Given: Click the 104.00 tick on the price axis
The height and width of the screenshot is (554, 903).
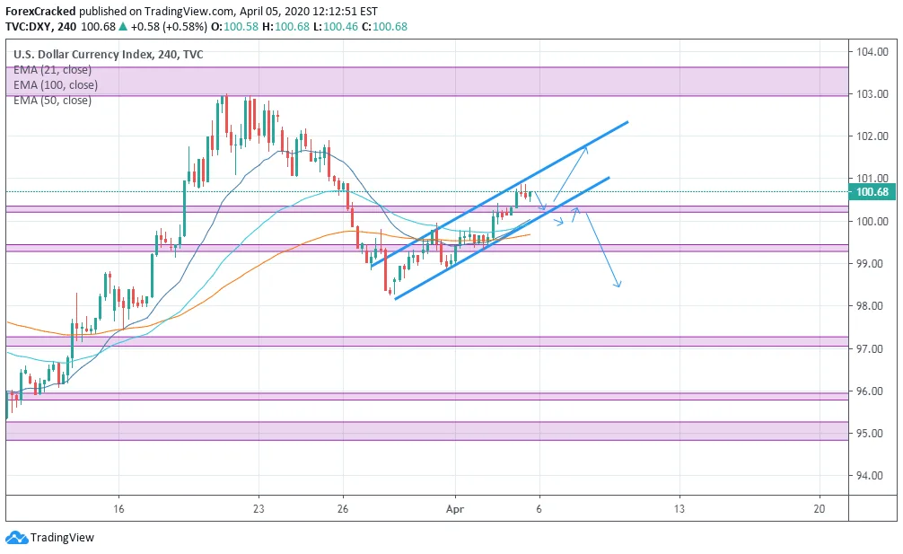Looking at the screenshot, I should click(872, 51).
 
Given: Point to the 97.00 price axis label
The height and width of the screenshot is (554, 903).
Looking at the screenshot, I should click(872, 348).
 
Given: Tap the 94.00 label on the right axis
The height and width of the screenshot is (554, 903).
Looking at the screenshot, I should click(872, 476).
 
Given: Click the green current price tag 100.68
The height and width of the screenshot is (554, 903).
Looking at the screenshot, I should click(872, 191).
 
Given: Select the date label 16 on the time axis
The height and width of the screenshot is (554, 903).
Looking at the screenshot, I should click(118, 507).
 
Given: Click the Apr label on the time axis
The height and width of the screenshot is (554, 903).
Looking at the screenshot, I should click(455, 507).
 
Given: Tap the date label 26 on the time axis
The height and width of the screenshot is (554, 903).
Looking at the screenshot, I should click(342, 507).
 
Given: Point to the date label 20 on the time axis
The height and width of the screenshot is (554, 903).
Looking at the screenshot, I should click(819, 507).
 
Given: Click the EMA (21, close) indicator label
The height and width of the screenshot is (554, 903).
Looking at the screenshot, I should click(52, 69).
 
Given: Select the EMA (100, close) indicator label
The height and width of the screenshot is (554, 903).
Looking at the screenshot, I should click(55, 85).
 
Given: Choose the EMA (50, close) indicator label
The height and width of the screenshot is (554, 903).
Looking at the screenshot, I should click(52, 101).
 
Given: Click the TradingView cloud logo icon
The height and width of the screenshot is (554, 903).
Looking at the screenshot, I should click(15, 538).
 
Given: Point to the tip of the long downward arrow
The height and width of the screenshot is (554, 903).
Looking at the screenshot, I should click(618, 286).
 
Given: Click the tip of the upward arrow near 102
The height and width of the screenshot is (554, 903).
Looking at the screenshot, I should click(586, 147).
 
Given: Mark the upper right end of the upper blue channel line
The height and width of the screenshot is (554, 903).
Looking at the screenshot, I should click(627, 121).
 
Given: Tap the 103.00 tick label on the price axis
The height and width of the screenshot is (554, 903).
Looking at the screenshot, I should click(872, 93).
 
